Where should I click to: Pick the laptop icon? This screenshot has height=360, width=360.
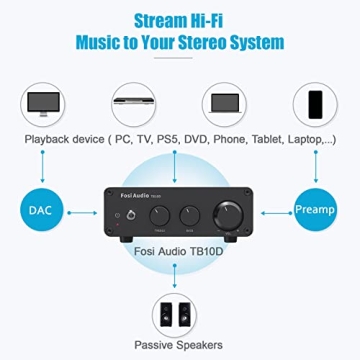[226, 104]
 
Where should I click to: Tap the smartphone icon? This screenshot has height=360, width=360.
[315, 103]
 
